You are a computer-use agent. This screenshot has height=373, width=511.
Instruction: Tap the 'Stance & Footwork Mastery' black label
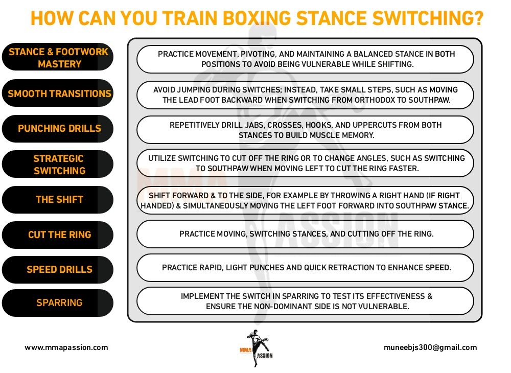[x=59, y=58]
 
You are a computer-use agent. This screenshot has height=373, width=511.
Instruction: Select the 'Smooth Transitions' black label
[x=59, y=94]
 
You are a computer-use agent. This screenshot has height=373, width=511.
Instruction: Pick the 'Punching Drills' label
[x=59, y=129]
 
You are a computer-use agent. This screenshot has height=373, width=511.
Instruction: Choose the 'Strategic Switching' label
[x=59, y=165]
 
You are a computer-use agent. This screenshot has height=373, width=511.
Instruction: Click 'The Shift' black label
[x=59, y=199]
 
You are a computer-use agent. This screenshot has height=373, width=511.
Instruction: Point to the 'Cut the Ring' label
[x=59, y=235]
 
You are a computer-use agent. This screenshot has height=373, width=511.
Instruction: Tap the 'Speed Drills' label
[x=59, y=269]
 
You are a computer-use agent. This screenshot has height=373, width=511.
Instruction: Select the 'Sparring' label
[x=59, y=303]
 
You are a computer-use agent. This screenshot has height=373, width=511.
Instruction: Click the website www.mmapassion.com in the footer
[x=66, y=347]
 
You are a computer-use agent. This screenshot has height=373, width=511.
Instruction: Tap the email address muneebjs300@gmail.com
[x=430, y=347]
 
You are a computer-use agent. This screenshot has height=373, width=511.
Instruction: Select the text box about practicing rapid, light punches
[x=305, y=268]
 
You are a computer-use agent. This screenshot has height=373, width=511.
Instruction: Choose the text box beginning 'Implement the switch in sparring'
[x=305, y=301]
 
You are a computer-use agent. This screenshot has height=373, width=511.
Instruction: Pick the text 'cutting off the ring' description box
[x=305, y=234]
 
